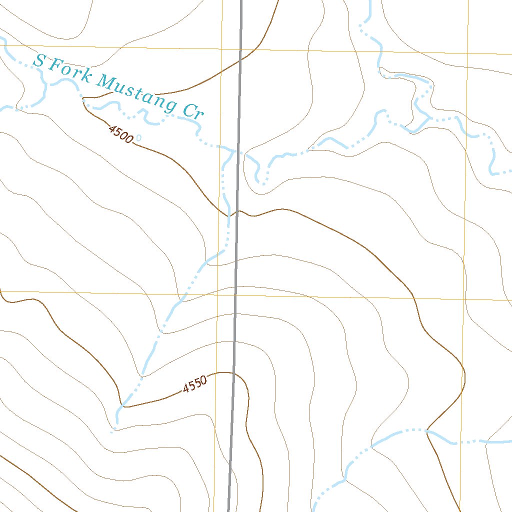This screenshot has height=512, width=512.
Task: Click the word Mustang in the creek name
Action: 135,92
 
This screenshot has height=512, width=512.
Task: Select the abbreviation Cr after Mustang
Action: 192,110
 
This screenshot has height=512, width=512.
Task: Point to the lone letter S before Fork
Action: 39,61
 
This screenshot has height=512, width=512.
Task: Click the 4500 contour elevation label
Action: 120,134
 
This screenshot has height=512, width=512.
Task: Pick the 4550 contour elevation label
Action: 194,384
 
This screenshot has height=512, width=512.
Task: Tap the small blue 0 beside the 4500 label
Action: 138,137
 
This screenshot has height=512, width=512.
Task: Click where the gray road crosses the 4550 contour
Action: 233,373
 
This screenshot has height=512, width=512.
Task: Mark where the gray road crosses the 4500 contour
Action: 237,211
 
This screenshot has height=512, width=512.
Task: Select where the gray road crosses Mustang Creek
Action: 238,151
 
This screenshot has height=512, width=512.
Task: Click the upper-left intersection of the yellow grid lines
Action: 221,48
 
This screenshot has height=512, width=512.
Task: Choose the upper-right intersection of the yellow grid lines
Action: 467,53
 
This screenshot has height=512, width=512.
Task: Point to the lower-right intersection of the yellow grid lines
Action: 464,299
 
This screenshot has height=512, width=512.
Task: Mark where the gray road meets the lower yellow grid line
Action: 235,294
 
